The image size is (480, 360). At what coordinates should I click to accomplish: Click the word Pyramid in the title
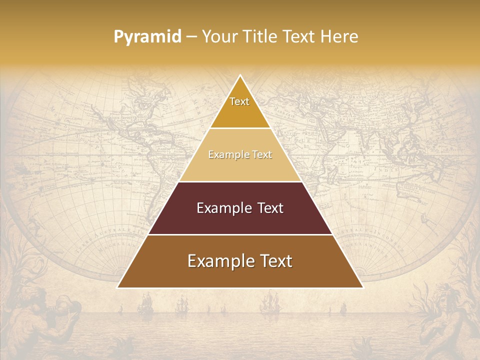point(147,37)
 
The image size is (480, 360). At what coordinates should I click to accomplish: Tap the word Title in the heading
point(261,37)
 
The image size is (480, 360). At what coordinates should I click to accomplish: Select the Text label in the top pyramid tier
point(239,101)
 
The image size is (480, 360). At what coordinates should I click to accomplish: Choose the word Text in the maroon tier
point(270,208)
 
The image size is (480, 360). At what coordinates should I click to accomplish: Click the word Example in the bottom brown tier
point(218,261)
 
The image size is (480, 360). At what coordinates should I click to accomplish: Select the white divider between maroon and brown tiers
point(240,234)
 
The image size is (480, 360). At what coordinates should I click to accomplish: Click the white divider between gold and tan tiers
point(240,128)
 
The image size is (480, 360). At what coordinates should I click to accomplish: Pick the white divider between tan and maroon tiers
point(240,181)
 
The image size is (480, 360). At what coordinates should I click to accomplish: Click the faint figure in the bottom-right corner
point(440,320)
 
